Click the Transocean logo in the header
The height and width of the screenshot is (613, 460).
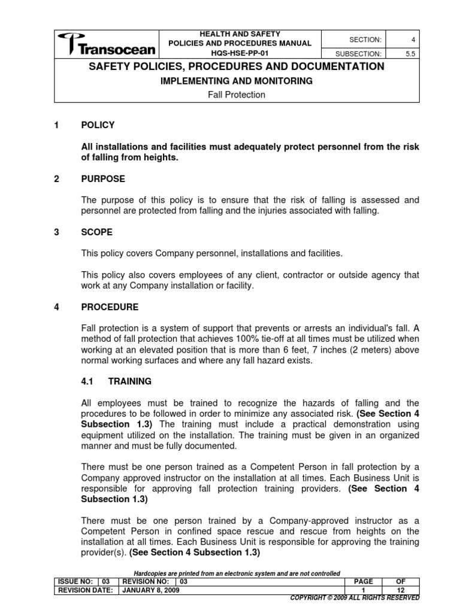107,44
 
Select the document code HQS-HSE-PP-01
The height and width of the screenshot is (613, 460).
240,53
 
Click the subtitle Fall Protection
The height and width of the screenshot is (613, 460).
237,95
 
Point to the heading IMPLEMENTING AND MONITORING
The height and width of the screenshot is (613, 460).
237,81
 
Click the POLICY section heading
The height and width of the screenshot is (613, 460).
98,125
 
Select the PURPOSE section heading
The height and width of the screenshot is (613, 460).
103,179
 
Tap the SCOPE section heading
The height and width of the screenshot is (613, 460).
97,232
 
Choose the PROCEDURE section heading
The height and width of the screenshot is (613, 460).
110,307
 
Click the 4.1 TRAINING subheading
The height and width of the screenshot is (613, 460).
116,381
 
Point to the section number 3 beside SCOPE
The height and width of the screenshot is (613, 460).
56,232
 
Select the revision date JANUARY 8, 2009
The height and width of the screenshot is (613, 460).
150,590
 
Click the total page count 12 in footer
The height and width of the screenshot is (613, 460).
401,590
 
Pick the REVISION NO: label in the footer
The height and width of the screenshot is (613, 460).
146,581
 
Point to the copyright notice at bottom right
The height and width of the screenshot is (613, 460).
355,597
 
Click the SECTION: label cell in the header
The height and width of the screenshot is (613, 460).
353,39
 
